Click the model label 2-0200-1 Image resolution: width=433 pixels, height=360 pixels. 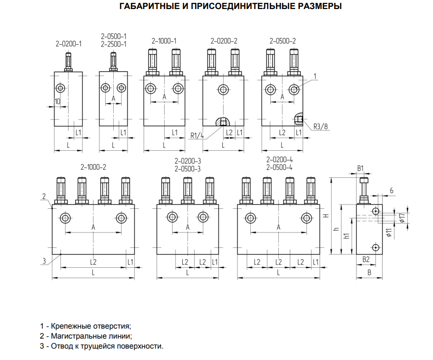pos(69,44)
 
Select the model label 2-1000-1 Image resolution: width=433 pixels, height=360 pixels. pos(164,41)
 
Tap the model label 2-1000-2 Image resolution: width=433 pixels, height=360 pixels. pos(93,167)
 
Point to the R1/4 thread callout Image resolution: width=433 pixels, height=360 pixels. pos(196,136)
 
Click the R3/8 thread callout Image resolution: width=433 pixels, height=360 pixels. pos(321,126)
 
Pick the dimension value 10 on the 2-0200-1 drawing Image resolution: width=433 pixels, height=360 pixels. pos(58,101)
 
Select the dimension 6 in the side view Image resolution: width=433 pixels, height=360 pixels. pos(391,190)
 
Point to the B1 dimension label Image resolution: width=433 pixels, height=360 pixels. pos(361,168)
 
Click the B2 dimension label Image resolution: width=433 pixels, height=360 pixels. pos(366,259)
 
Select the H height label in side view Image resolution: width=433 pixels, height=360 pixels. pos(325,215)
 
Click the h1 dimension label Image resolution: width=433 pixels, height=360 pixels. pos(347,236)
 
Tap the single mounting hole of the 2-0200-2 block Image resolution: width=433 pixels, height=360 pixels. pos(223,89)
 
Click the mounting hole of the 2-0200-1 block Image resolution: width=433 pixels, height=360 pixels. pos(61,88)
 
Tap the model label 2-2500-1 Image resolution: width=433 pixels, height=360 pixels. pos(114,44)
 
